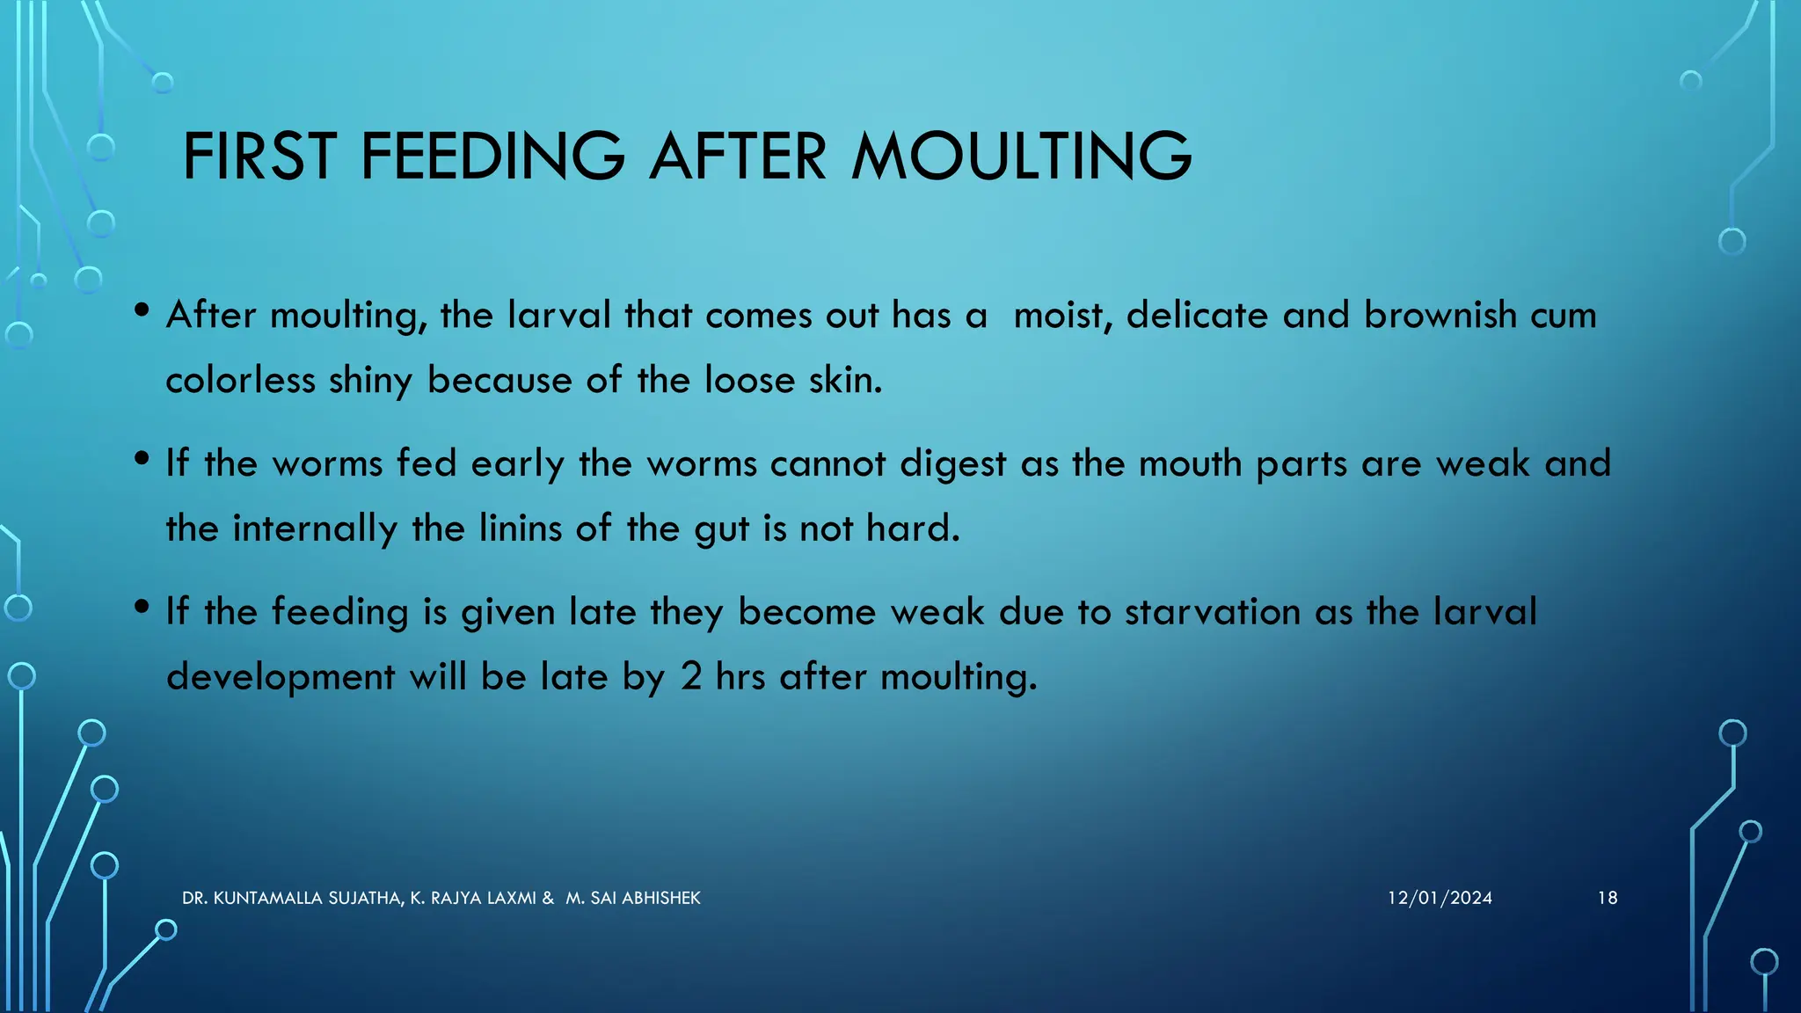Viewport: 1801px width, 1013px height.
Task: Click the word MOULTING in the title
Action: (x=1021, y=157)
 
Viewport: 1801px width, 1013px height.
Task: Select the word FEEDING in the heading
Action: (x=492, y=157)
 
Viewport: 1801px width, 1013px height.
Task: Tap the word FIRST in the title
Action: (x=259, y=157)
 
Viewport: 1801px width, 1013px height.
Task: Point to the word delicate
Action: (x=1193, y=315)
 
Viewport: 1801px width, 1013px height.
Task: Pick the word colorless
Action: (x=240, y=380)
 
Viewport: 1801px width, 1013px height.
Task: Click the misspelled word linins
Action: (x=520, y=528)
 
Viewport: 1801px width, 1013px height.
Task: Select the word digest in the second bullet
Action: (x=952, y=464)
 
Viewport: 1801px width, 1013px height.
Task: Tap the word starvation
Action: (x=1213, y=612)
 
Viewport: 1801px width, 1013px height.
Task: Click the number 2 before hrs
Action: (x=691, y=677)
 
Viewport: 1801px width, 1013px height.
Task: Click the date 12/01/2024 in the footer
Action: (x=1440, y=898)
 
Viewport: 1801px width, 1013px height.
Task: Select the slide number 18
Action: (x=1608, y=898)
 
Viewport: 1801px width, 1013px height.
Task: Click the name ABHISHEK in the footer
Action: (x=660, y=898)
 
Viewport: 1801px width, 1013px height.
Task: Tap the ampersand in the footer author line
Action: (x=548, y=898)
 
